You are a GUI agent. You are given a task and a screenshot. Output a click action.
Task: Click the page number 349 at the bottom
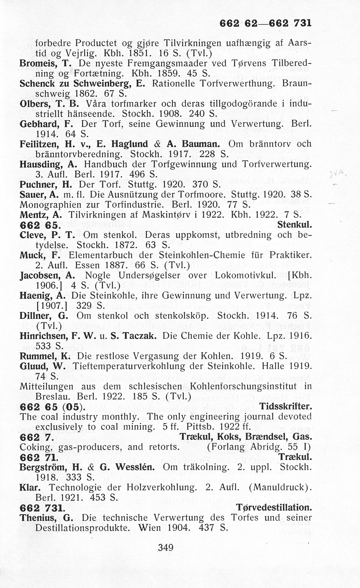pos(166,548)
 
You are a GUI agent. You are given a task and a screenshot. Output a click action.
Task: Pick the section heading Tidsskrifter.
pos(285,407)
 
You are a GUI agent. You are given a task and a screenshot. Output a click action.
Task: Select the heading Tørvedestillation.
pos(273,508)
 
